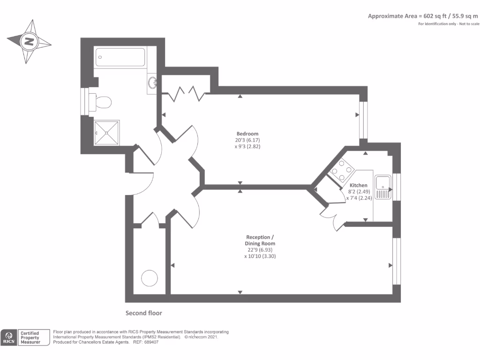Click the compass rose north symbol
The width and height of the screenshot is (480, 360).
(x=29, y=41)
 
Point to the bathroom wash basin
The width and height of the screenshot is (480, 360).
(x=152, y=83)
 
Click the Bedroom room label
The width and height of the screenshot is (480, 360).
(x=247, y=134)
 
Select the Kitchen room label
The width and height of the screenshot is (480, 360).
(x=358, y=185)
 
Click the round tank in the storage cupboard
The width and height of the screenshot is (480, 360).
(x=150, y=278)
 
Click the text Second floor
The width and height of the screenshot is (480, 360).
(x=143, y=313)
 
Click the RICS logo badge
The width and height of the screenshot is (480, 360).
(x=8, y=337)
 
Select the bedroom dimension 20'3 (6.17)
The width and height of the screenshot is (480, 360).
(x=247, y=140)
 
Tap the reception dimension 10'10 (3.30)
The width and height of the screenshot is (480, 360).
(x=260, y=256)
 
